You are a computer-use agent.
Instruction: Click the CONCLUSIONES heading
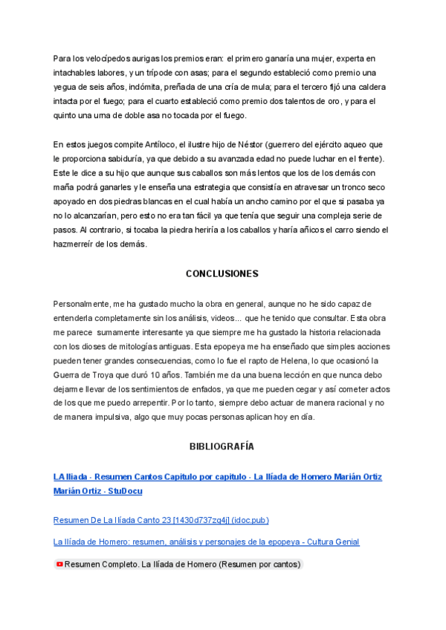pos(222,273)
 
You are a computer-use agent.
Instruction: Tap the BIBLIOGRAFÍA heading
pos(222,446)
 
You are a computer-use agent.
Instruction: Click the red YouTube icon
pos(59,565)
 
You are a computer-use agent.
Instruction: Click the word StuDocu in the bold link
pos(125,491)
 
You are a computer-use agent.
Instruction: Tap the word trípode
pos(168,73)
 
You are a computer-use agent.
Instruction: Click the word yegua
pos(66,87)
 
